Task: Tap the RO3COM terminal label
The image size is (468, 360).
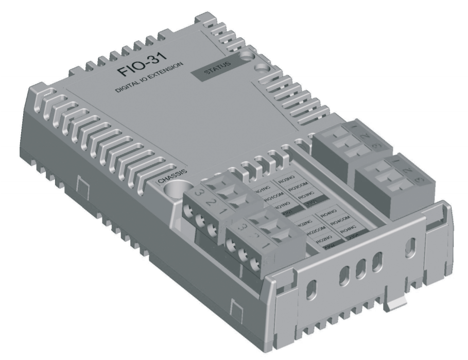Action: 299,189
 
